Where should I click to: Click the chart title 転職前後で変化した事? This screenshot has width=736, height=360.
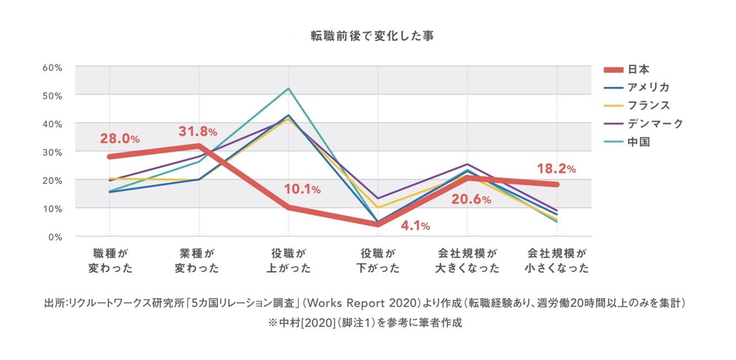pos(372,36)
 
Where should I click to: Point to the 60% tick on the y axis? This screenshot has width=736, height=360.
pos(52,67)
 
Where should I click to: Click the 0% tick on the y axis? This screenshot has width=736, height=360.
pos(55,236)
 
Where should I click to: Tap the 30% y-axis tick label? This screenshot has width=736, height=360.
pos(52,152)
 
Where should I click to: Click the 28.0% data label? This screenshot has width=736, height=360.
pos(120,139)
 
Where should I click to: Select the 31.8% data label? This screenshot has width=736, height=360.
pos(198,132)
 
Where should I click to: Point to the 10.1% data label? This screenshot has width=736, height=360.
pos(302,189)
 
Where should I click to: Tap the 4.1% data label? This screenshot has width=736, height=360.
pos(415,226)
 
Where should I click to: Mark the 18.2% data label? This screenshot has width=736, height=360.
pos(556,168)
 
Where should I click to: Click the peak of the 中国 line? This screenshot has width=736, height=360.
pos(289,89)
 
